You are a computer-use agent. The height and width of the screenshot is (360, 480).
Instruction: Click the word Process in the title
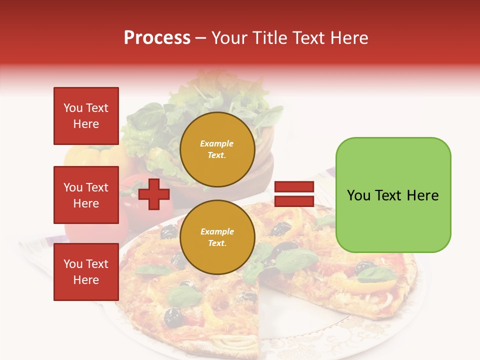157,38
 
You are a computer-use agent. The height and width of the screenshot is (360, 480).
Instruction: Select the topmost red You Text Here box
86,116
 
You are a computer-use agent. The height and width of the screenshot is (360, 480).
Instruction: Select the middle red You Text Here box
86,195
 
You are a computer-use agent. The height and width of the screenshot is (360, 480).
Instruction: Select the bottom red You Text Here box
86,271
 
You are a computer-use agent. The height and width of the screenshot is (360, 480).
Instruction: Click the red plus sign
154,194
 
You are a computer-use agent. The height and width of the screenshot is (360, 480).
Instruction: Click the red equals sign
294,194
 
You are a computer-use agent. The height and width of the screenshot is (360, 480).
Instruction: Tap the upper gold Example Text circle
217,149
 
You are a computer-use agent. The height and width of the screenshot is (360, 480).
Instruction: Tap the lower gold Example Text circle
217,237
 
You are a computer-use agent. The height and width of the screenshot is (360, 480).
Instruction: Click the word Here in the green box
422,195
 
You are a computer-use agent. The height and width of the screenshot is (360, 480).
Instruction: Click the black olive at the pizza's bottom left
173,315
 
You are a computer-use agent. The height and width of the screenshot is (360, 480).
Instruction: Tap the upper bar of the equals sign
294,187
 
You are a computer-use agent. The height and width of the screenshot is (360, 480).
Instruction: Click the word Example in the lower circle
217,231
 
